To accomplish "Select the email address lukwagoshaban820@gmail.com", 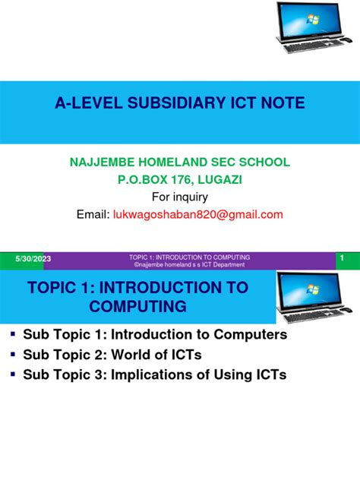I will tap(199, 215).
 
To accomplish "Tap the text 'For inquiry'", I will tap(180, 197).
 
